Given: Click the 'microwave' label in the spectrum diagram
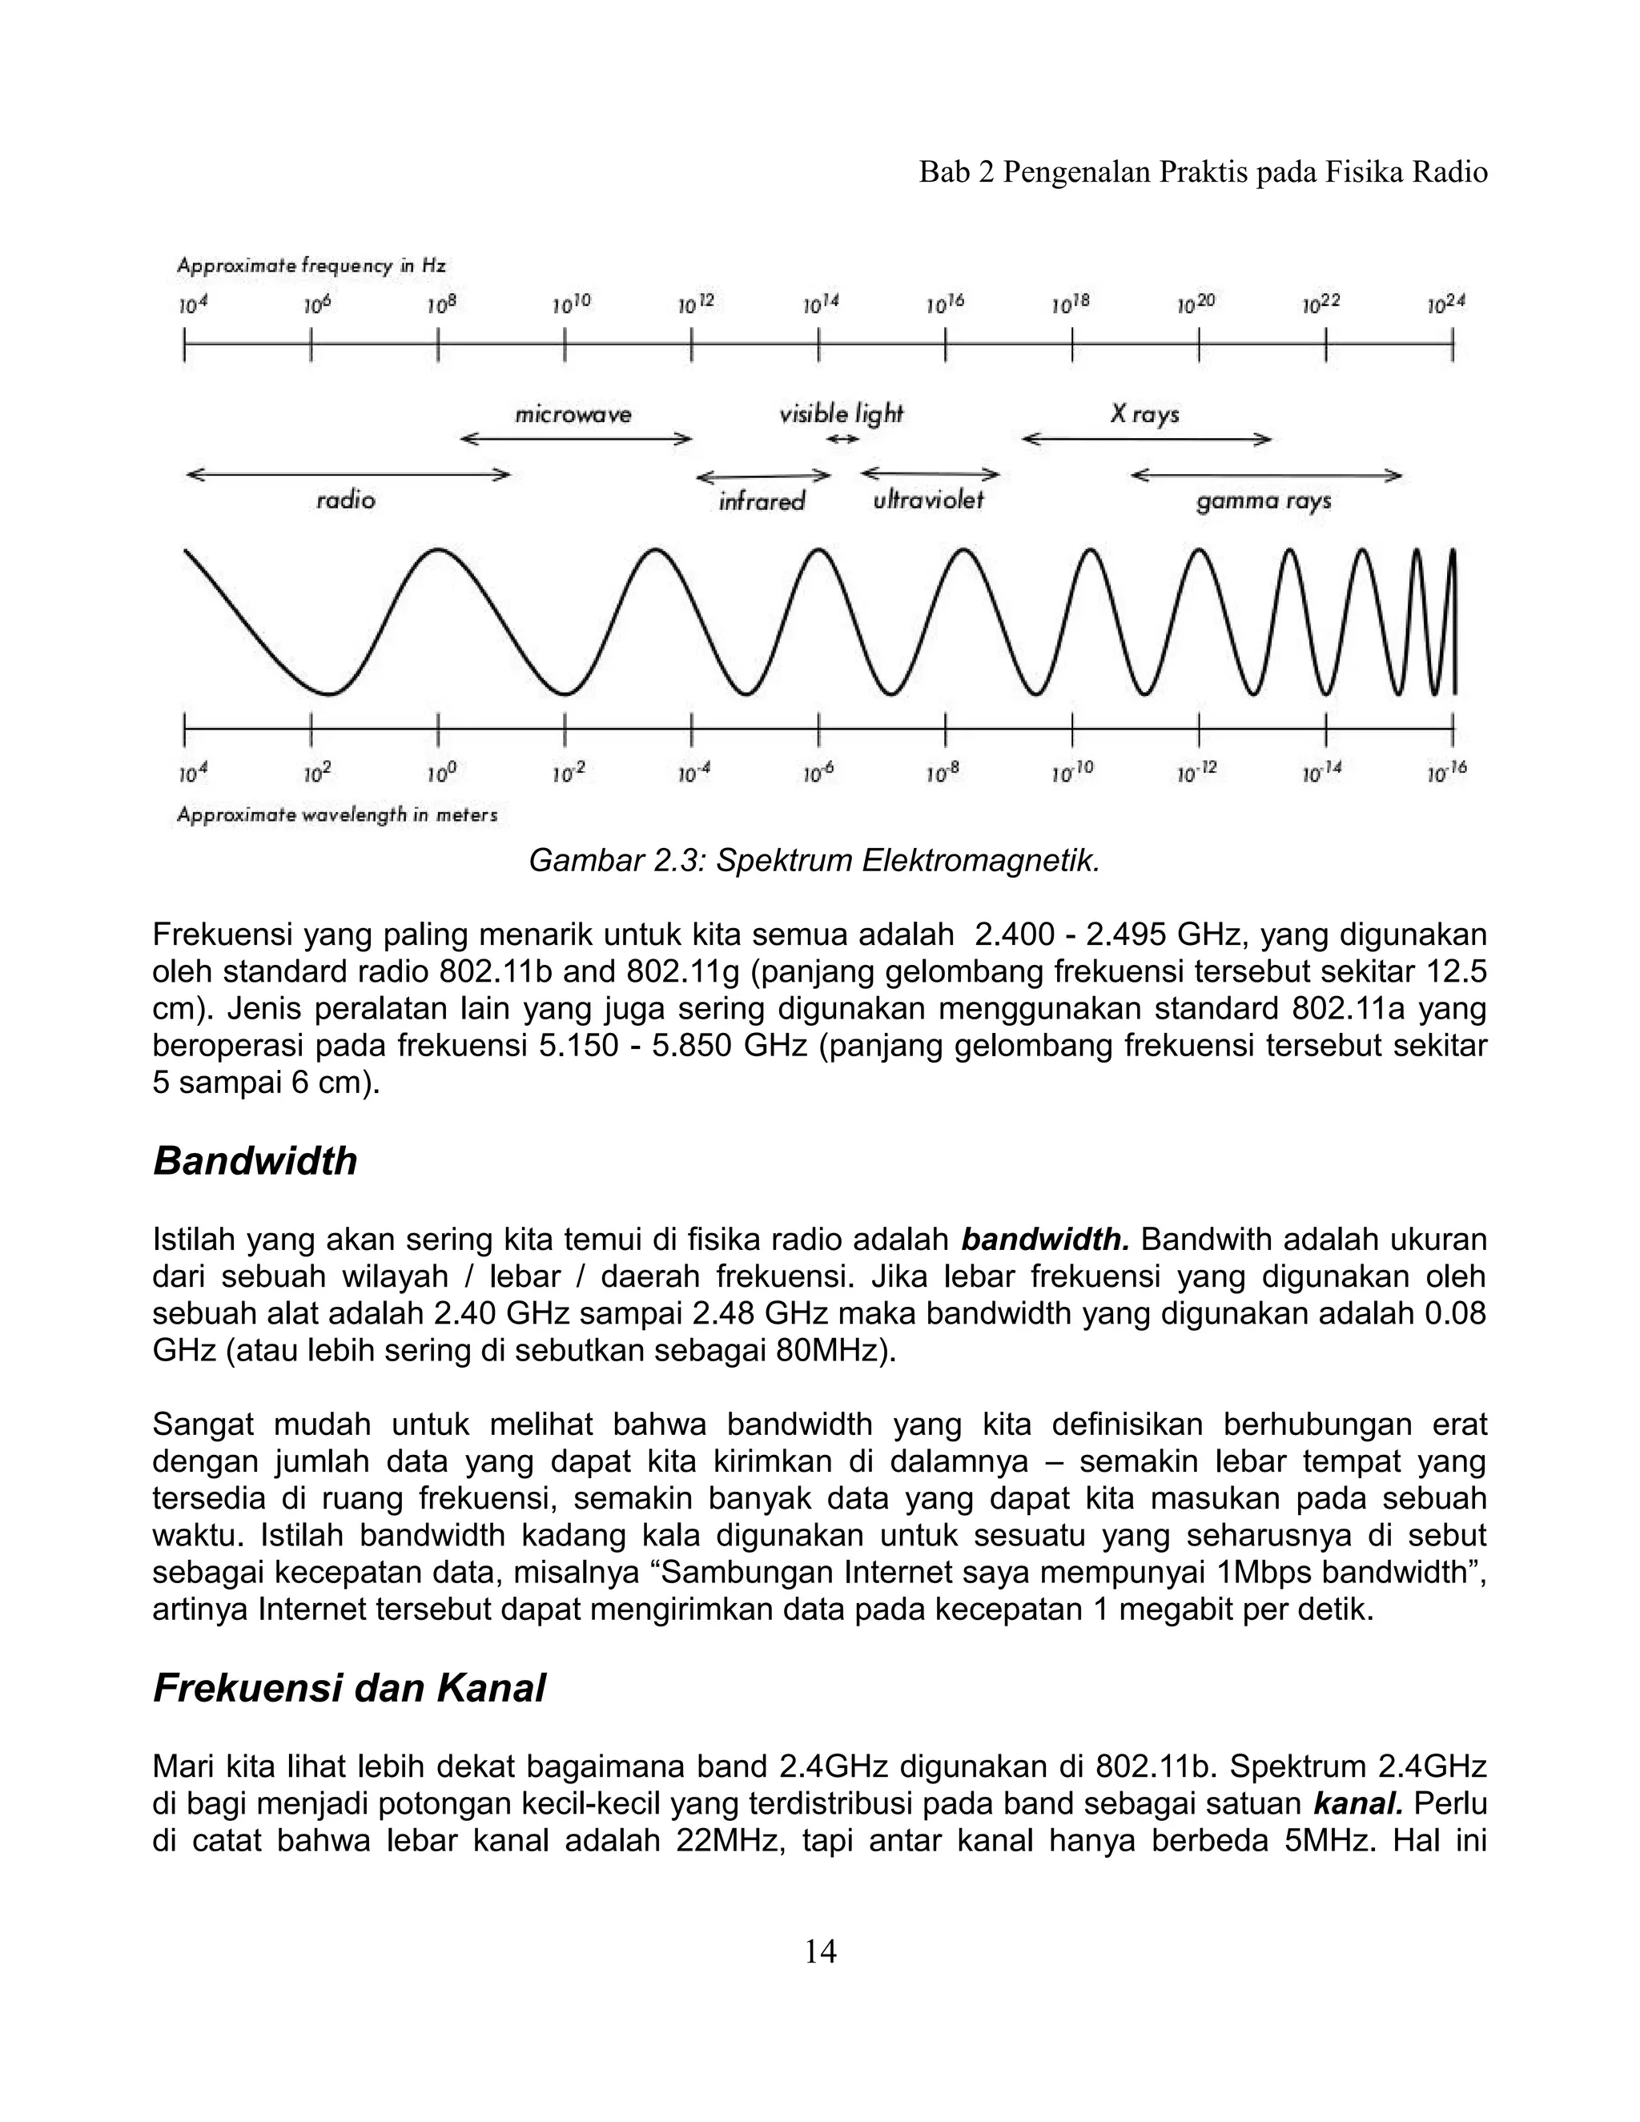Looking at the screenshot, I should [573, 415].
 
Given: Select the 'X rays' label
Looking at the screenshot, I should [1144, 415].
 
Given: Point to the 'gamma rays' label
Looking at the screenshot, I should [1263, 501].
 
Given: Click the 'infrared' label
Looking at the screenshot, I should [762, 501].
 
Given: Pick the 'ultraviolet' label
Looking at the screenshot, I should [928, 500].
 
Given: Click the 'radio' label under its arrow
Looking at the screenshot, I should [346, 500].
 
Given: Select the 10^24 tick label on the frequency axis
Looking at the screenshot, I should [1445, 304].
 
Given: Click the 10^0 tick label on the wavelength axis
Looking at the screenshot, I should [440, 774].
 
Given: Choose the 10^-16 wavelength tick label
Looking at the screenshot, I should [1447, 774].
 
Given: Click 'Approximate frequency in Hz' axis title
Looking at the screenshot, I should [311, 265].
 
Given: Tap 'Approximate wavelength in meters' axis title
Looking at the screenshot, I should [336, 815].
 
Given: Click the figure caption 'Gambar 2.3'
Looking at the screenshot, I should [814, 861].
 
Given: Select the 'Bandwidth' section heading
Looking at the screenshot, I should [255, 1161].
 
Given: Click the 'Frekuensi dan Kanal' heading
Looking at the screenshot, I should [349, 1689].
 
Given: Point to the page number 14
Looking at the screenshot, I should [820, 1951].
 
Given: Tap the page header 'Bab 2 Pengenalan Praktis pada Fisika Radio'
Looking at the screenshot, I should [1203, 172].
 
